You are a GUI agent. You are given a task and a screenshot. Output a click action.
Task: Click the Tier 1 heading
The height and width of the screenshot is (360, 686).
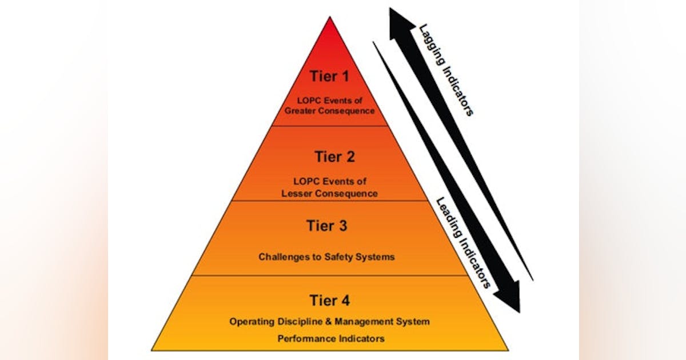(329, 76)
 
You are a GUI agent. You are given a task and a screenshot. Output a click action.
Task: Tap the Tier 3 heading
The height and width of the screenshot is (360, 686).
(326, 226)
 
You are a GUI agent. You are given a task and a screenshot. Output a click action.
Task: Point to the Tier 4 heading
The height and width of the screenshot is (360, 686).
(330, 300)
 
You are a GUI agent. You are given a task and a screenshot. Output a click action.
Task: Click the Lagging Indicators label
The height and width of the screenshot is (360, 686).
(446, 69)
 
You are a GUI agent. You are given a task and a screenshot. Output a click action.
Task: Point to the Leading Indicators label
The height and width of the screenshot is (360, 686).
(463, 242)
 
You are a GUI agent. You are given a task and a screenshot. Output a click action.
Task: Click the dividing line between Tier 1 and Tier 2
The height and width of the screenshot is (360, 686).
(330, 126)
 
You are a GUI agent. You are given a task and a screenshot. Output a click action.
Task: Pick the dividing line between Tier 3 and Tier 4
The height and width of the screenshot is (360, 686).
(330, 275)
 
